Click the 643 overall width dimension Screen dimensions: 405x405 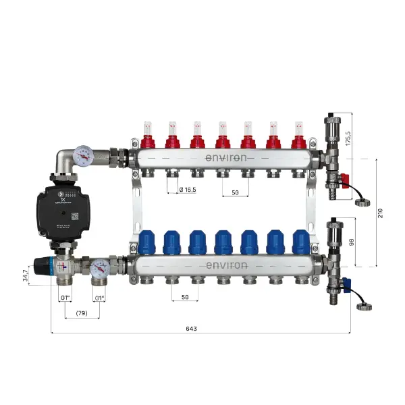coord(191,329)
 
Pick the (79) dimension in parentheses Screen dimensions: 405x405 coord(82,314)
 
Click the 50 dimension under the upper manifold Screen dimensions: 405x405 coord(236,192)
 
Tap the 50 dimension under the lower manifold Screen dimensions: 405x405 coord(184,298)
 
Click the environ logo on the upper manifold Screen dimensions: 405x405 coord(225,157)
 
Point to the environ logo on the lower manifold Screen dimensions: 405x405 coord(225,264)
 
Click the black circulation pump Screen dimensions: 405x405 coord(60,206)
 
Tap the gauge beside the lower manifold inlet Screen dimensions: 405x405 coord(99,269)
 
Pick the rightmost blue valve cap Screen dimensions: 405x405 coord(301,241)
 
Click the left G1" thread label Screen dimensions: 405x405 coord(65,298)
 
